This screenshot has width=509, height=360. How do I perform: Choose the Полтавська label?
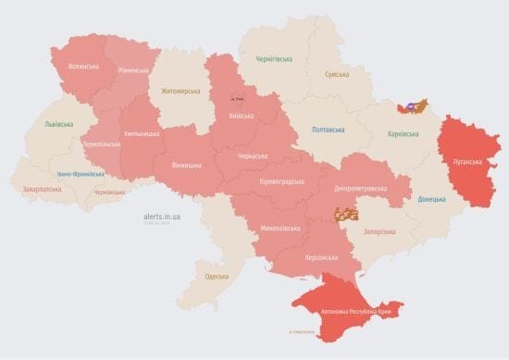pos(329,130)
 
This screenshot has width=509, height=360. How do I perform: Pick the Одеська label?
pos(217,277)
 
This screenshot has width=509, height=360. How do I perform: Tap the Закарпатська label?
pos(42,190)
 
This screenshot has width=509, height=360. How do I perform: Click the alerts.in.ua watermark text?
pos(163,216)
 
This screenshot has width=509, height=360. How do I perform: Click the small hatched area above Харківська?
pos(414,106)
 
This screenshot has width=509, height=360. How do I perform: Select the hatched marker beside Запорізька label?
pos(346,215)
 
